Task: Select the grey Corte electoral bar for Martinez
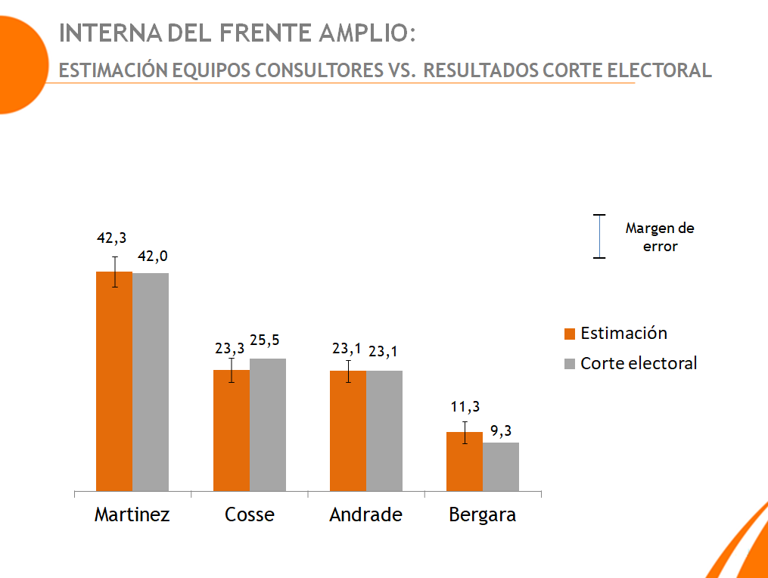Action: pyautogui.click(x=151, y=382)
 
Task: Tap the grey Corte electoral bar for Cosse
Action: pyautogui.click(x=268, y=424)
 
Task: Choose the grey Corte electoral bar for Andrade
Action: pyautogui.click(x=384, y=430)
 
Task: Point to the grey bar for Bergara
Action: pyautogui.click(x=501, y=467)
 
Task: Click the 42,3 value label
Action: pyautogui.click(x=111, y=238)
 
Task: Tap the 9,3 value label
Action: pyautogui.click(x=501, y=430)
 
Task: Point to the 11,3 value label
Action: pyautogui.click(x=465, y=406)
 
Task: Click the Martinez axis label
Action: pyautogui.click(x=132, y=515)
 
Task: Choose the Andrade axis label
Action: pyautogui.click(x=365, y=515)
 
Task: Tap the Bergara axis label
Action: pyautogui.click(x=483, y=515)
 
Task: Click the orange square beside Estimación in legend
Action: pyautogui.click(x=571, y=334)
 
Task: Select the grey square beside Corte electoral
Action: pyautogui.click(x=571, y=364)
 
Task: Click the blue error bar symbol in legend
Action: pyautogui.click(x=599, y=237)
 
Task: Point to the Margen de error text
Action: pyautogui.click(x=660, y=237)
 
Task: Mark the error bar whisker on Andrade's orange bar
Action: pyautogui.click(x=348, y=371)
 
